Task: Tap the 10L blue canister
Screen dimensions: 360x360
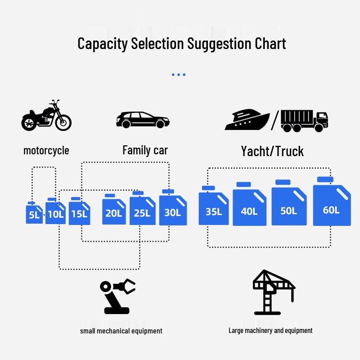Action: [x=56, y=212]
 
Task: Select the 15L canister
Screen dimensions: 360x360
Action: [x=79, y=212]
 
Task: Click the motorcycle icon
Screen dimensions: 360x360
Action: [x=46, y=116]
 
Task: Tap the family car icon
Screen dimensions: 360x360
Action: [x=143, y=120]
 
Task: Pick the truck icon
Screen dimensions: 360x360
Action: [x=304, y=121]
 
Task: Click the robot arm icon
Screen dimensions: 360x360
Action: [x=117, y=296]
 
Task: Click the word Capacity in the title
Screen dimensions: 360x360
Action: [x=103, y=44]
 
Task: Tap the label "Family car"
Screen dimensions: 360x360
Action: [x=145, y=150]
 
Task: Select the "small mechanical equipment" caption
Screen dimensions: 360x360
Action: [x=121, y=331]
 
